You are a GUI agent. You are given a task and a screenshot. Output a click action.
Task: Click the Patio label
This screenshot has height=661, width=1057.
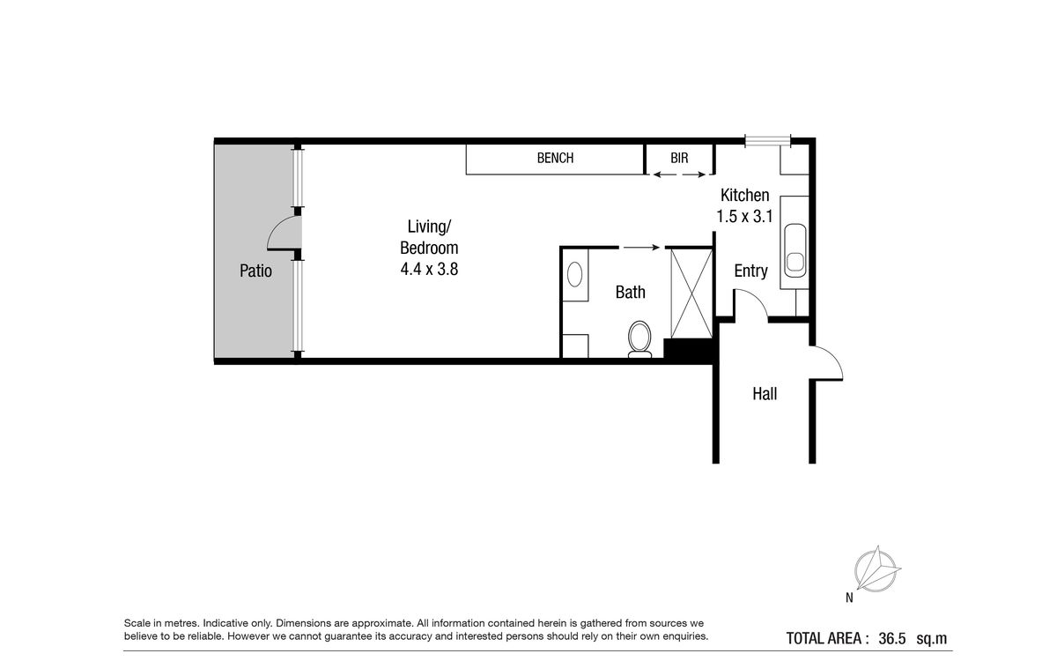click(x=255, y=271)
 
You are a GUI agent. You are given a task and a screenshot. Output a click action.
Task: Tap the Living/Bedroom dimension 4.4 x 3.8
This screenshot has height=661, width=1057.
click(x=429, y=269)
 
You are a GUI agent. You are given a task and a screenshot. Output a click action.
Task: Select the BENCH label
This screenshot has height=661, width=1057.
click(x=556, y=158)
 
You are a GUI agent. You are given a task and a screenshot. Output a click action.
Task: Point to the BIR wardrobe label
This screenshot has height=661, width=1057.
click(x=679, y=158)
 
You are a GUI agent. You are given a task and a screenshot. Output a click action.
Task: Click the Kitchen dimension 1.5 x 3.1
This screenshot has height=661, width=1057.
click(x=744, y=216)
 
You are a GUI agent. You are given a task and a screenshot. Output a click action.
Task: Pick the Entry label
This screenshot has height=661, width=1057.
click(x=750, y=271)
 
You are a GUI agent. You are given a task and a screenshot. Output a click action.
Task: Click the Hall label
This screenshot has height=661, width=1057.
click(x=765, y=394)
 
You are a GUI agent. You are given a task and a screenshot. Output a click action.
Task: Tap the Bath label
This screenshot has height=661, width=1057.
click(x=631, y=293)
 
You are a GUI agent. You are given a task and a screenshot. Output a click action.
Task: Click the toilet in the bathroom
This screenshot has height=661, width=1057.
click(x=639, y=339)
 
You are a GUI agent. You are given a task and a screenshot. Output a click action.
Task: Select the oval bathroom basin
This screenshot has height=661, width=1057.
click(x=574, y=274)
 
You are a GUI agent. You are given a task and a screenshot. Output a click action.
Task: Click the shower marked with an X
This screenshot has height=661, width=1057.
click(x=691, y=293)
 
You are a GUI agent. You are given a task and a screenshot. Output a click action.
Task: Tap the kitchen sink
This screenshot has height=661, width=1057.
click(x=795, y=250)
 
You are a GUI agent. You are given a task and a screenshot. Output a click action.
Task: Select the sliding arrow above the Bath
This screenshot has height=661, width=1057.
click(x=641, y=248)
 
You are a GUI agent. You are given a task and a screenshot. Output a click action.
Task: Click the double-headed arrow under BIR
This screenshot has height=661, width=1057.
click(x=679, y=175)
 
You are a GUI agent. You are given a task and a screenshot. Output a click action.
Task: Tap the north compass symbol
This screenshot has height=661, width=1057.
click(x=876, y=570)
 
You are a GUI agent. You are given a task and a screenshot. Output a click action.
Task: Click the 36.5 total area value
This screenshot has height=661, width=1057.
click(x=891, y=639)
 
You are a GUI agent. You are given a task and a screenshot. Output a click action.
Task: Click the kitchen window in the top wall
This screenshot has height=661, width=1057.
click(x=768, y=140)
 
